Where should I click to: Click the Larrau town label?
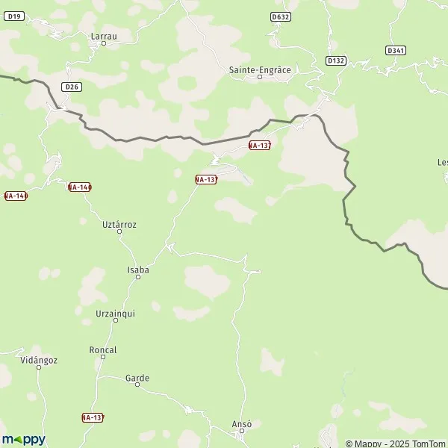103,35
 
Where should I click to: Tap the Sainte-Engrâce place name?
259,69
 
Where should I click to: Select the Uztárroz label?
119,224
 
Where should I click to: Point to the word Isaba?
138,270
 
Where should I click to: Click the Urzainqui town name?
116,313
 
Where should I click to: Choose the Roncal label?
103,349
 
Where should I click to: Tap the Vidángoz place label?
40,360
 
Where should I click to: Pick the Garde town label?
137,379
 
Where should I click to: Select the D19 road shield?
15,16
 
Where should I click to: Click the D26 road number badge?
72,87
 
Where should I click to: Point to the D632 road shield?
281,16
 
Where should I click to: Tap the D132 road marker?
336,60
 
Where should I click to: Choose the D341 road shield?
396,51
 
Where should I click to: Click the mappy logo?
23,439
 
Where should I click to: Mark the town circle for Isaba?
138,278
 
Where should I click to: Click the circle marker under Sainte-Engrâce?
260,77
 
